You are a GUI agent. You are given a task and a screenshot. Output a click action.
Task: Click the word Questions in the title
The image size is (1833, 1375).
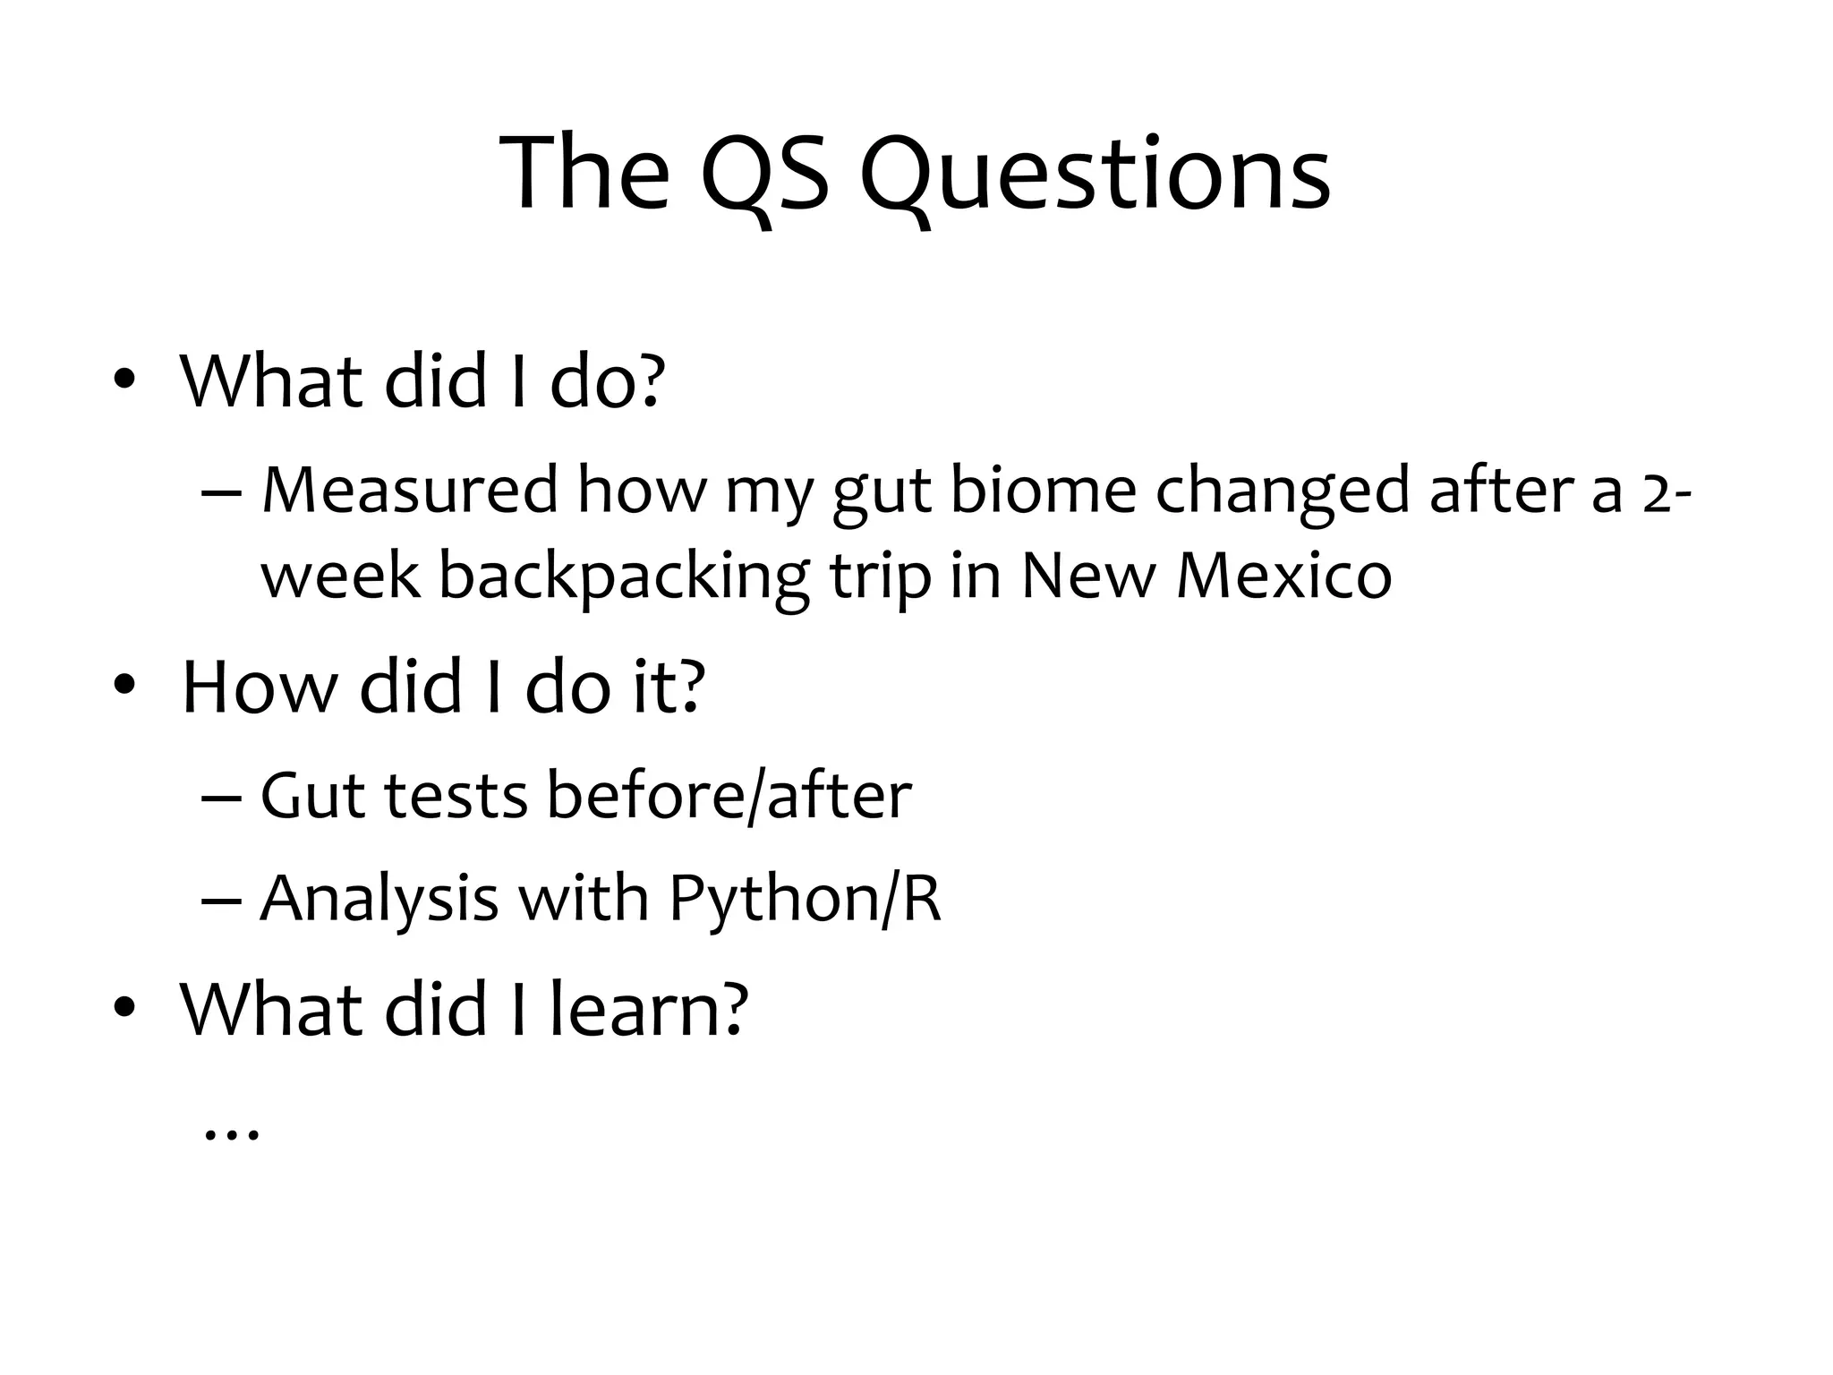click(1094, 175)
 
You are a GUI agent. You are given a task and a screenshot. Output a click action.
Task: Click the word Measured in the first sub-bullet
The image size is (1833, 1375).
click(410, 491)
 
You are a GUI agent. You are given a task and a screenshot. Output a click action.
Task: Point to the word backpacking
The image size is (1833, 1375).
click(624, 576)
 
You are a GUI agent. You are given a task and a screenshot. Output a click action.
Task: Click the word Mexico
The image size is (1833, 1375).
click(1283, 576)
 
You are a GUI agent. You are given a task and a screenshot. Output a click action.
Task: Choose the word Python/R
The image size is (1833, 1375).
click(805, 898)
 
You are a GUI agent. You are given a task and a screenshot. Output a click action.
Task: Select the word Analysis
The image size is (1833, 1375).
click(379, 898)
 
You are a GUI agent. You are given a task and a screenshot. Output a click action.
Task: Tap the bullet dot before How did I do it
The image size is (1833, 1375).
click(124, 687)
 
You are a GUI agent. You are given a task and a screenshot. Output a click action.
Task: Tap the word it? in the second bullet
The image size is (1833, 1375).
click(669, 687)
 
